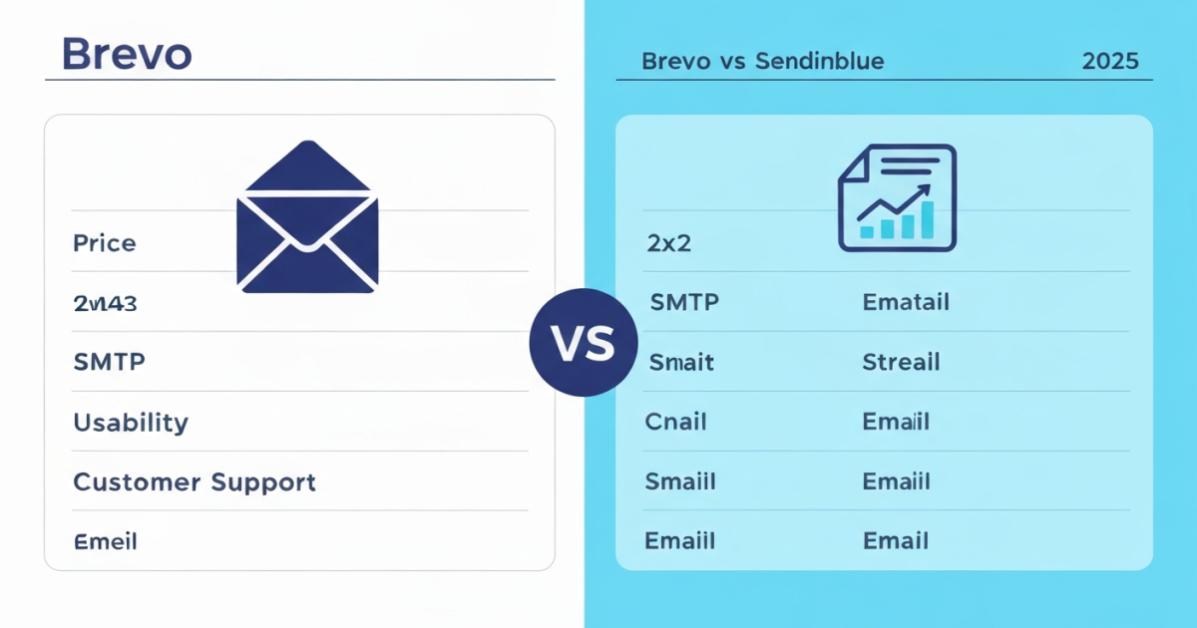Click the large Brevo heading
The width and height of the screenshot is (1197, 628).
coord(126,54)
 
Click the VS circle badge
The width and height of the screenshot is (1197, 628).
coord(584,343)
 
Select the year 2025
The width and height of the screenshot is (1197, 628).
coord(1109,61)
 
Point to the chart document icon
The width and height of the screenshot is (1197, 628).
coord(897,197)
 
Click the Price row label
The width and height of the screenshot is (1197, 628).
coord(105,242)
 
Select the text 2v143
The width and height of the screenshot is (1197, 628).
coord(105,303)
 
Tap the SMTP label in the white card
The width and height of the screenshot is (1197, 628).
coord(109,362)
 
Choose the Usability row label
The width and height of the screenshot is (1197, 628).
coord(131,422)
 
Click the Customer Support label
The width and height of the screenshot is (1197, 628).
coord(195,482)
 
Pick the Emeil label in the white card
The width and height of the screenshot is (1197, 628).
coord(105,542)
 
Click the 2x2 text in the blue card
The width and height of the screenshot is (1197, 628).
coord(668,242)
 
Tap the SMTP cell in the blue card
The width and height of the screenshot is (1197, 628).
coord(684,302)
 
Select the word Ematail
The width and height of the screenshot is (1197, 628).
coord(906,302)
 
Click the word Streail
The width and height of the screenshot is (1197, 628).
coord(901,362)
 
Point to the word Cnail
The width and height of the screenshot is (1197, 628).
coord(676,422)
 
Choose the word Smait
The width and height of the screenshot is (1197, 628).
coord(681,362)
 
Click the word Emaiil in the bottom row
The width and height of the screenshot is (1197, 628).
coord(680,541)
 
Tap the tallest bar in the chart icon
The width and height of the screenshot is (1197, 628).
coord(927,219)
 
